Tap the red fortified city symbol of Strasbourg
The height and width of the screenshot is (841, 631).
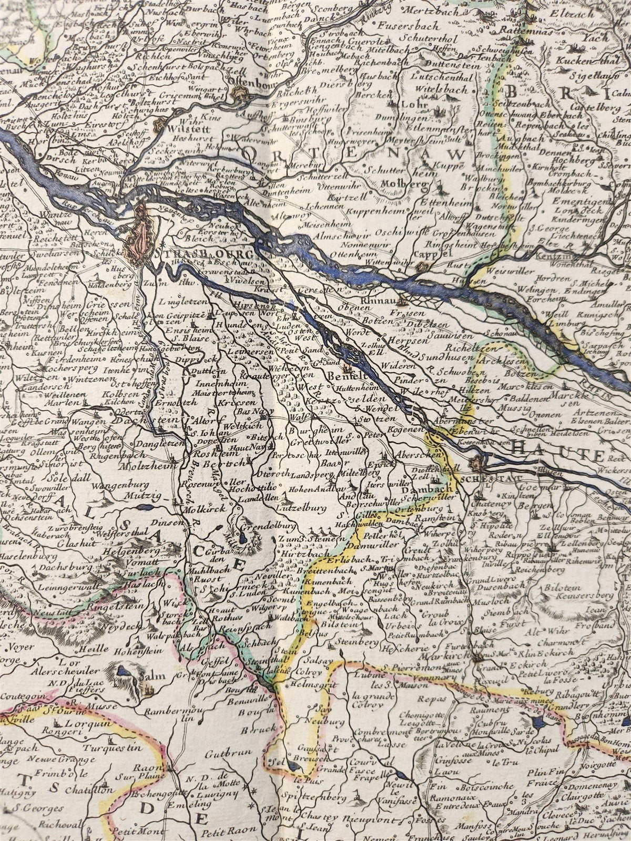[x=140, y=234]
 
